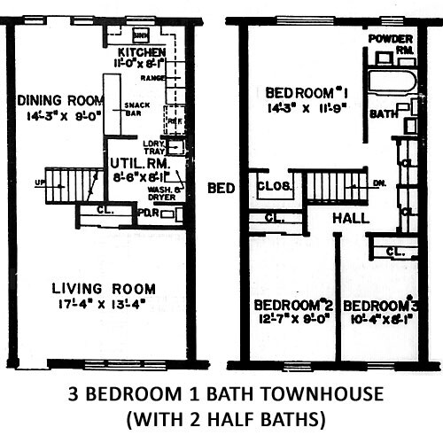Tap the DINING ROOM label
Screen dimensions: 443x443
(55, 100)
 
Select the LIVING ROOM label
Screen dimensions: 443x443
(103, 289)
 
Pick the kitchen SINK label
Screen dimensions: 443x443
(140, 35)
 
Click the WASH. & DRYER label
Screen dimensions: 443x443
(164, 196)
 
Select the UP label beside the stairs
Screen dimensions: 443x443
(38, 183)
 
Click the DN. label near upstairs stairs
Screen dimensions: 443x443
(379, 183)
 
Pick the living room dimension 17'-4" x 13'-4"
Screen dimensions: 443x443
(103, 306)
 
